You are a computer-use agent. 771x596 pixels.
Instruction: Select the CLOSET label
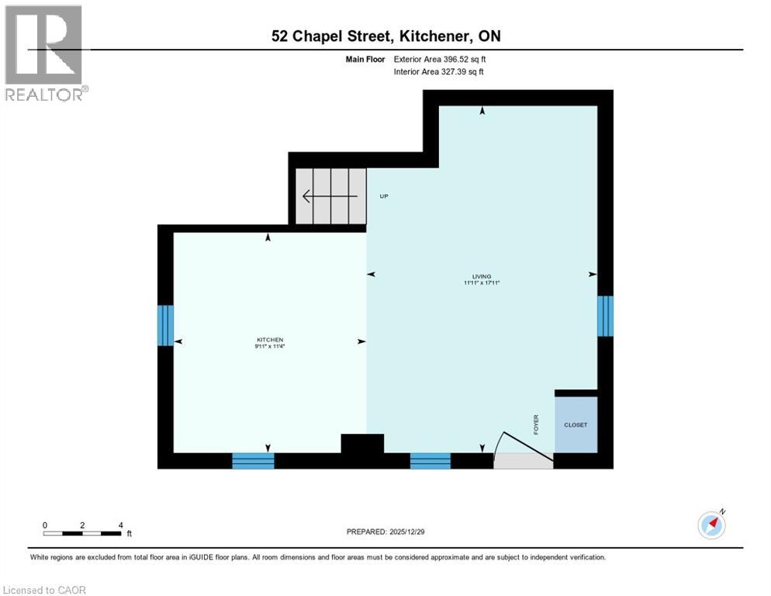[576, 425]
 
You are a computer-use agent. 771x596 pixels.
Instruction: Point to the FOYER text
[536, 424]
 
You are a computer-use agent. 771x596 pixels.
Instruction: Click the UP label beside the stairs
[383, 196]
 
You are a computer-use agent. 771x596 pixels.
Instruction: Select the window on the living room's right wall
[605, 316]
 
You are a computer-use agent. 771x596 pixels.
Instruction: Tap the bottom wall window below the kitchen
[254, 461]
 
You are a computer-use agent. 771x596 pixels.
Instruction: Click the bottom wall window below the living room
[430, 461]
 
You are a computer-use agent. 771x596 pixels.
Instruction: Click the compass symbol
[712, 525]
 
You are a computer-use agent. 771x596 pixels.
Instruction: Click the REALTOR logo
[45, 53]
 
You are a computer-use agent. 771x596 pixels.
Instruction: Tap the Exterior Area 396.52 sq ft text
[440, 59]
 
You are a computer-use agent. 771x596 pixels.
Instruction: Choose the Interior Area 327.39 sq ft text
[439, 72]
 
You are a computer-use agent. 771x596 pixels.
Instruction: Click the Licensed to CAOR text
[45, 590]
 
